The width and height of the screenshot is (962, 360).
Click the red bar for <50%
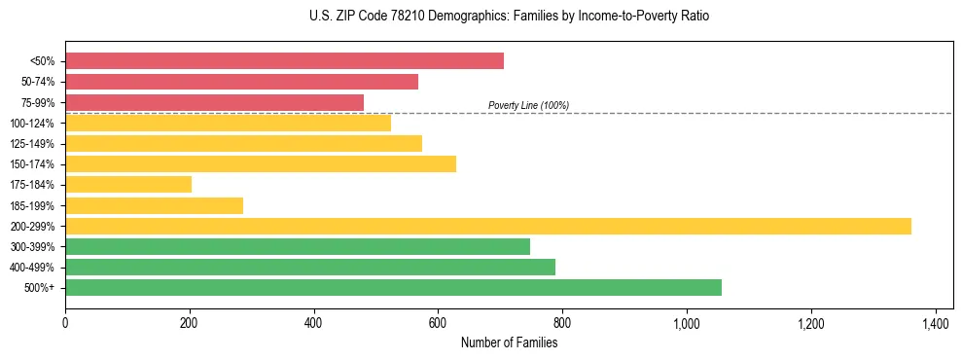tap(284, 61)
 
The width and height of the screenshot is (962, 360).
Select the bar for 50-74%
tap(241, 82)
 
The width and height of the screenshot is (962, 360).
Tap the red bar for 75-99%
tap(214, 102)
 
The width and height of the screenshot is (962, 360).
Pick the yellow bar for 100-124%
tap(228, 123)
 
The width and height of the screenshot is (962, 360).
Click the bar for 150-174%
tap(261, 163)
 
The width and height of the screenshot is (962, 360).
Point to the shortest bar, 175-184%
tap(128, 184)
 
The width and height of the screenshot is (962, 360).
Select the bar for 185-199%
tap(154, 205)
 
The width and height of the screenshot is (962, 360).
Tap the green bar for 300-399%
tap(298, 246)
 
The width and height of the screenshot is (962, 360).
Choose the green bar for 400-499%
tap(310, 267)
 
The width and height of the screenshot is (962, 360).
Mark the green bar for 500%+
tap(393, 287)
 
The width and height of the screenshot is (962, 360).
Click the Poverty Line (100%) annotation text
tap(528, 105)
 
